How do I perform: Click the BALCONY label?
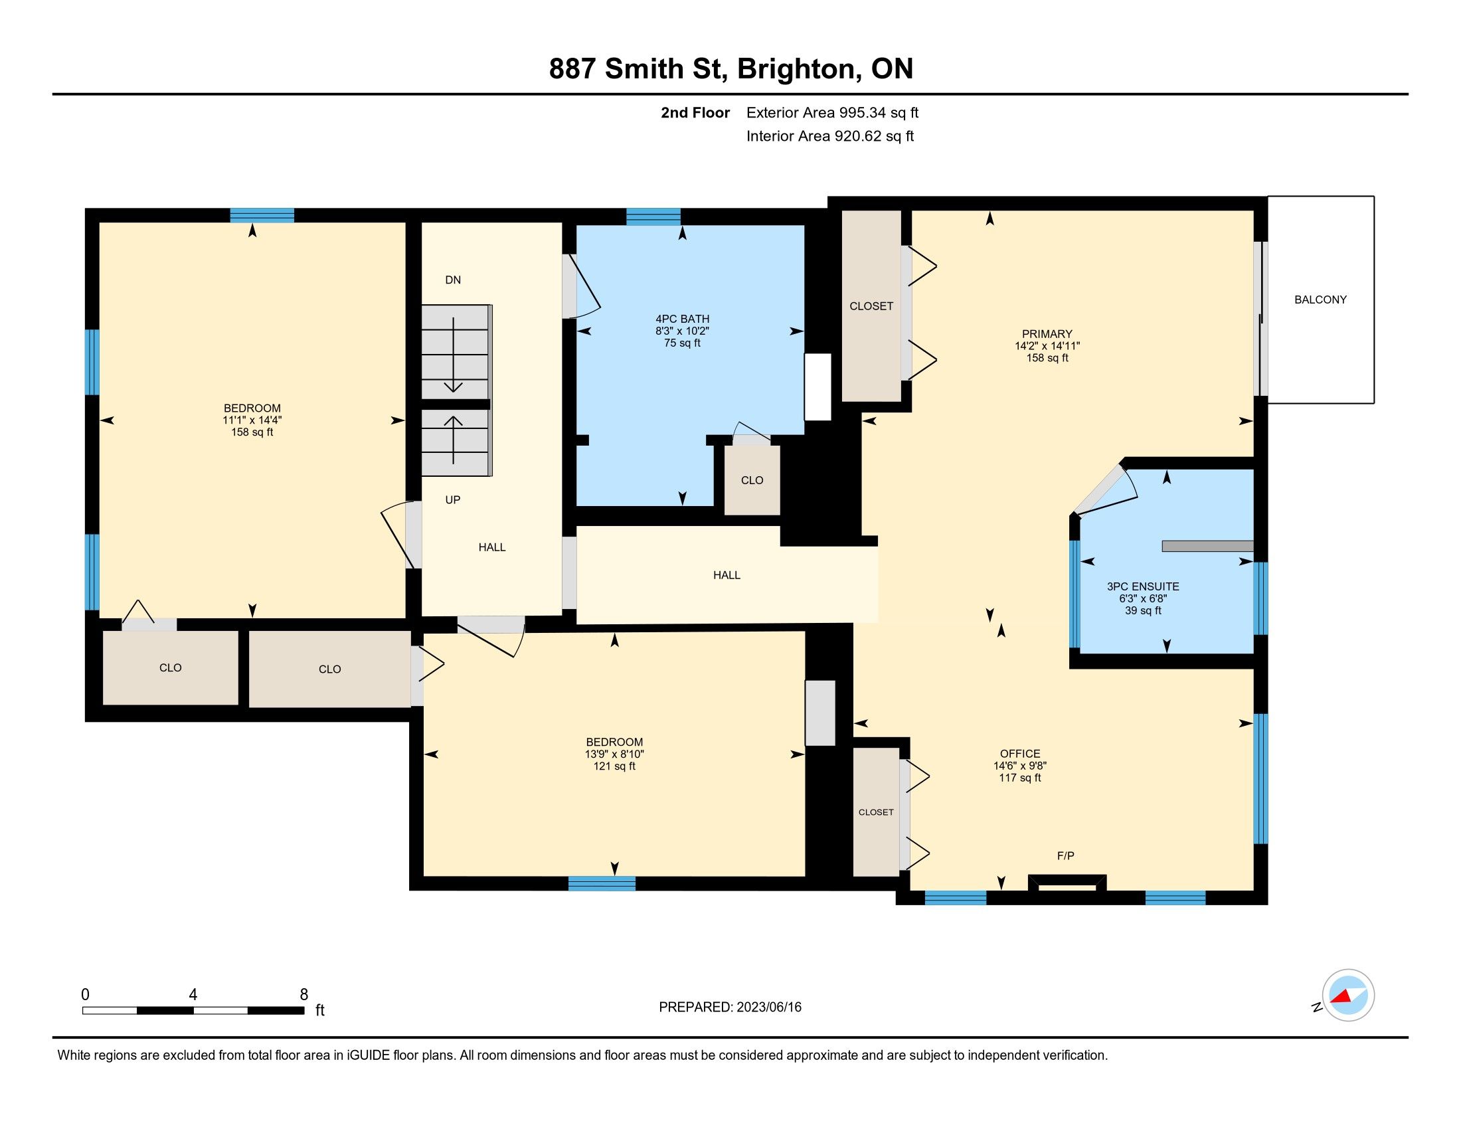pos(1320,300)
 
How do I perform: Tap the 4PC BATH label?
pos(682,319)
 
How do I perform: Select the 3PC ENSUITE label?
pos(1143,586)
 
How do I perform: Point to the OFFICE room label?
pos(1020,753)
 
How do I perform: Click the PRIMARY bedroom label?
pos(1047,334)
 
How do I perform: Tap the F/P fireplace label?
pos(1066,855)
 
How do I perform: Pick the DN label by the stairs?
pos(453,280)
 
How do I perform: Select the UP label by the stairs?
pos(453,499)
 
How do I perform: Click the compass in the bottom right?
pos(1348,995)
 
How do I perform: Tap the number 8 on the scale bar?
pos(303,994)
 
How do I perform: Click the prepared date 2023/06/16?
pos(768,1007)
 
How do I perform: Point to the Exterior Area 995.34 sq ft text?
pos(832,112)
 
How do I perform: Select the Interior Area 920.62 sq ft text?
pos(830,135)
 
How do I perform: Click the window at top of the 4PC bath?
pos(653,217)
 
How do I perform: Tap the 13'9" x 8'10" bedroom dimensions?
pos(614,754)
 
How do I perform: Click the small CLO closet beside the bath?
pos(752,479)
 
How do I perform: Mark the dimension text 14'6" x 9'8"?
pos(1020,765)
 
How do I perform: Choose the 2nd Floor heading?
pos(695,112)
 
